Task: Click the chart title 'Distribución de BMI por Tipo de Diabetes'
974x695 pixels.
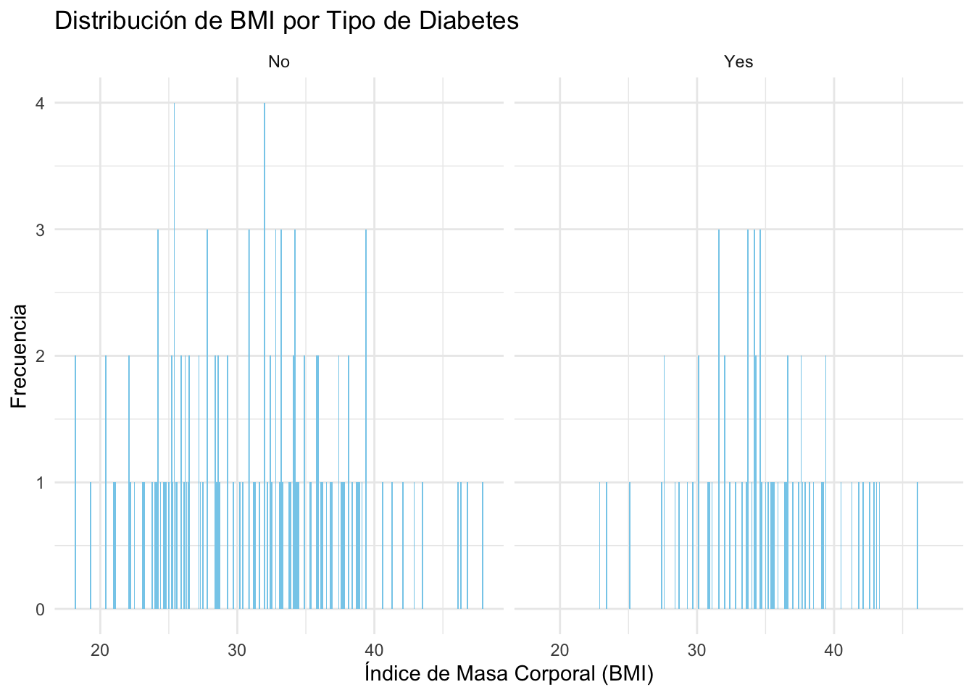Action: pos(286,21)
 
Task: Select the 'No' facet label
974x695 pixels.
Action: pos(279,62)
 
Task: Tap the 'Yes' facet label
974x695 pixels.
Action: pos(738,62)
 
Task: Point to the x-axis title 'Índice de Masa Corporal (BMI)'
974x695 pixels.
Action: pos(509,674)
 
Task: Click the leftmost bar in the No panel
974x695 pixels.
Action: pos(75,483)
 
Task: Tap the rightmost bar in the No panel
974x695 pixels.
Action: pos(483,546)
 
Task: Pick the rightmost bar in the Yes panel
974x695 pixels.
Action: pos(917,546)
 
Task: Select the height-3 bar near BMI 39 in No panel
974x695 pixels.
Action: pos(366,420)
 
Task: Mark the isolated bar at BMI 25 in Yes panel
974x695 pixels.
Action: pos(630,546)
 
